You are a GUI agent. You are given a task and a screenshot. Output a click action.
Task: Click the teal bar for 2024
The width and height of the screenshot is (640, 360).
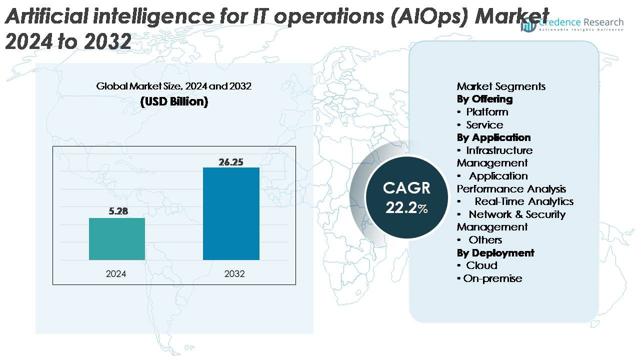click(117, 239)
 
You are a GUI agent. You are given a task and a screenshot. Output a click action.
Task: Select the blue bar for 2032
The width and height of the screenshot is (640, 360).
click(231, 213)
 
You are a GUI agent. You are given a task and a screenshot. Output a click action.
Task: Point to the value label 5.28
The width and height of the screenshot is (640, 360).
click(118, 211)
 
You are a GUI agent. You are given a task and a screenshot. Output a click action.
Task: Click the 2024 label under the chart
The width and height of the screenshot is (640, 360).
click(116, 274)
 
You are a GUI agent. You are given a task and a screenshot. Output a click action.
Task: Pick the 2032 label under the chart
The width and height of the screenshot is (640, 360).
click(234, 274)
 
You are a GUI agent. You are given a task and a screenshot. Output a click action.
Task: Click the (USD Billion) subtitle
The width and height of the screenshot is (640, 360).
click(174, 101)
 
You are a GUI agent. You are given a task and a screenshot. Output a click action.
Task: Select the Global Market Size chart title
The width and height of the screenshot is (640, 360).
click(174, 86)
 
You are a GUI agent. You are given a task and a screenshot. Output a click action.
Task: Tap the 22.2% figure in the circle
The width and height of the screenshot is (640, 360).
click(406, 208)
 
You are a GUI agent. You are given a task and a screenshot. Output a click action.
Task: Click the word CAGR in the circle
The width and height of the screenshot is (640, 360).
click(406, 188)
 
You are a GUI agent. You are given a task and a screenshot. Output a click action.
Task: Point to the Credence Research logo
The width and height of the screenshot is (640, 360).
click(572, 24)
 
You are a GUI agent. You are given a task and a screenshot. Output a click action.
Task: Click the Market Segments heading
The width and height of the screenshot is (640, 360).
click(501, 86)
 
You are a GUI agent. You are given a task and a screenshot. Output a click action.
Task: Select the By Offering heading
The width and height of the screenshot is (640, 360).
click(484, 99)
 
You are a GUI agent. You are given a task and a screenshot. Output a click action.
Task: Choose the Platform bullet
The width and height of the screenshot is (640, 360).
click(487, 112)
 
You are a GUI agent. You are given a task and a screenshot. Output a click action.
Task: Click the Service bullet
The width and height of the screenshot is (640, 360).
click(484, 125)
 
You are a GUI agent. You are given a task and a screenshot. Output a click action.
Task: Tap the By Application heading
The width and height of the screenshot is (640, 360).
click(493, 137)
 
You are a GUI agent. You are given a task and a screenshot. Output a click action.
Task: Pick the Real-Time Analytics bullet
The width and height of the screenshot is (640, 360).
click(523, 201)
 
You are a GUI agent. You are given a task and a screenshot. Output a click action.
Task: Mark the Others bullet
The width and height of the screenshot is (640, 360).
click(485, 240)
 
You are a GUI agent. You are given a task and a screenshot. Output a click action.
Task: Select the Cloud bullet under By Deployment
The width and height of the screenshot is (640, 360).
click(481, 265)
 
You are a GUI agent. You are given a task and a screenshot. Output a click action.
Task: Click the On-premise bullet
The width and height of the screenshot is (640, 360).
click(492, 278)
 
